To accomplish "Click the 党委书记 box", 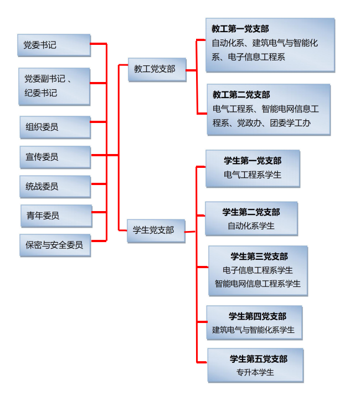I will pyautogui.click(x=54, y=45).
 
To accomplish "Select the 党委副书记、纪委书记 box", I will pyautogui.click(x=54, y=86).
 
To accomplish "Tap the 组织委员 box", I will pyautogui.click(x=54, y=127).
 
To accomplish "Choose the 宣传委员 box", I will pyautogui.click(x=54, y=157).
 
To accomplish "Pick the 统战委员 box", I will pyautogui.click(x=54, y=187).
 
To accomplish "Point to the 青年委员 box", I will pyautogui.click(x=55, y=216).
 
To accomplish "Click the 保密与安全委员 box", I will pyautogui.click(x=54, y=245).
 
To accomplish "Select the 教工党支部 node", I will pyautogui.click(x=156, y=69).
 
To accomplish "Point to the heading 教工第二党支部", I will pyautogui.click(x=241, y=95).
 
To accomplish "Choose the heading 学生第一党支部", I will pyautogui.click(x=253, y=161).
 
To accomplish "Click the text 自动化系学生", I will pyautogui.click(x=251, y=226).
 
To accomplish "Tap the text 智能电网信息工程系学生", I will pyautogui.click(x=258, y=284).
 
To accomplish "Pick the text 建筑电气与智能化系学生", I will pyautogui.click(x=254, y=330).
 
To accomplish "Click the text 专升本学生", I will pyautogui.click(x=255, y=372).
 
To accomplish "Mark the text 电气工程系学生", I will pyautogui.click(x=253, y=175).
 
